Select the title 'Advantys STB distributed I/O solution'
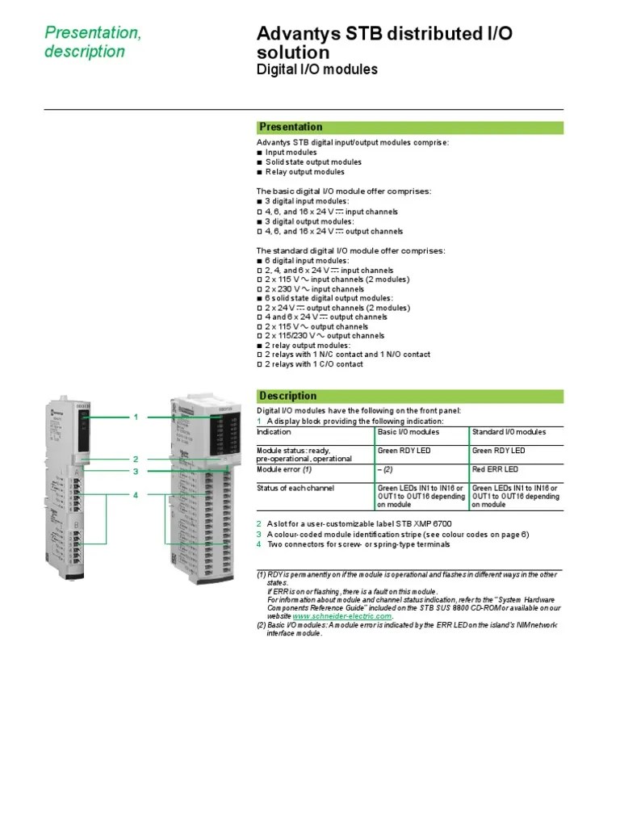point(383,43)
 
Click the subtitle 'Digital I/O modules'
point(316,69)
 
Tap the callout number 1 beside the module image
point(136,417)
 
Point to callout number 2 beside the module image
point(136,459)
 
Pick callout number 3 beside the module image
point(136,471)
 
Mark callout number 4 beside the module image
point(136,494)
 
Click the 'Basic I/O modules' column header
point(409,432)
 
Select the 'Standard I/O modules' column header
point(509,432)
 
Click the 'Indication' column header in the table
point(274,432)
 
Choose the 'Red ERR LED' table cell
point(495,469)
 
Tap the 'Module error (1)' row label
point(284,469)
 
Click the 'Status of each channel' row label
point(295,488)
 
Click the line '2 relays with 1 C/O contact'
point(314,364)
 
